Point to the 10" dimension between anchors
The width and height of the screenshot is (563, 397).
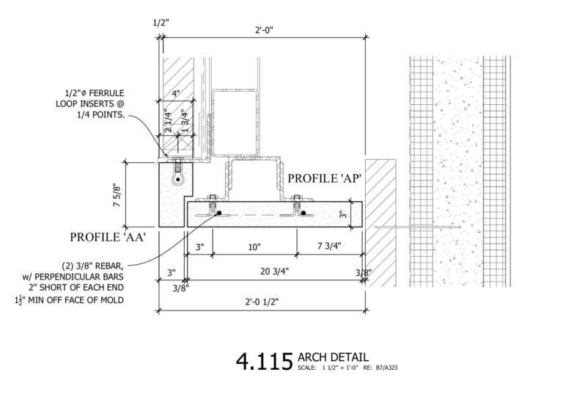(254, 247)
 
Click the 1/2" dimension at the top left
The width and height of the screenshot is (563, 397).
(161, 23)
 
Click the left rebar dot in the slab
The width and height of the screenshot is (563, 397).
(219, 214)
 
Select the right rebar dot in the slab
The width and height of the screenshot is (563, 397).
(302, 214)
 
